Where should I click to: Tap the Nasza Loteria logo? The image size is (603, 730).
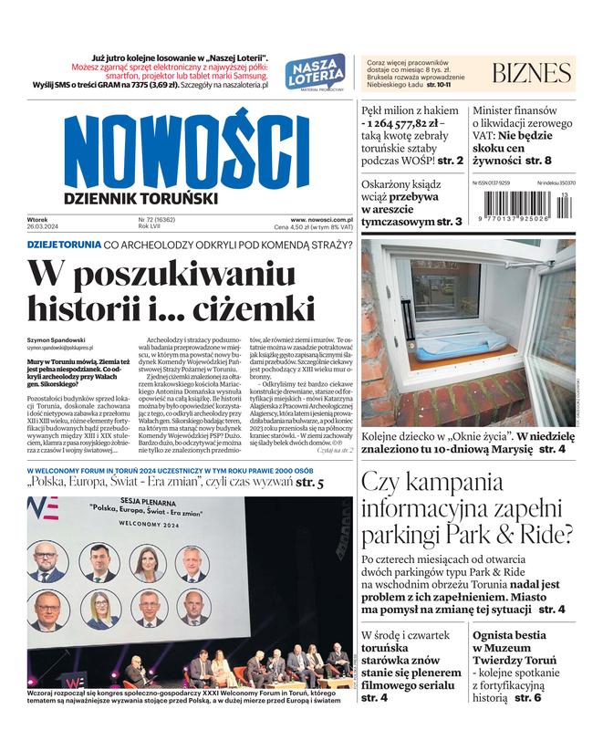coord(315,72)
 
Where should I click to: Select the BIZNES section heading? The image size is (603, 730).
coord(531,73)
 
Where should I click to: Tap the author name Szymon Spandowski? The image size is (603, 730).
coord(57,339)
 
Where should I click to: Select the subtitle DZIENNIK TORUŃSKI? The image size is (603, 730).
coord(140,198)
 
